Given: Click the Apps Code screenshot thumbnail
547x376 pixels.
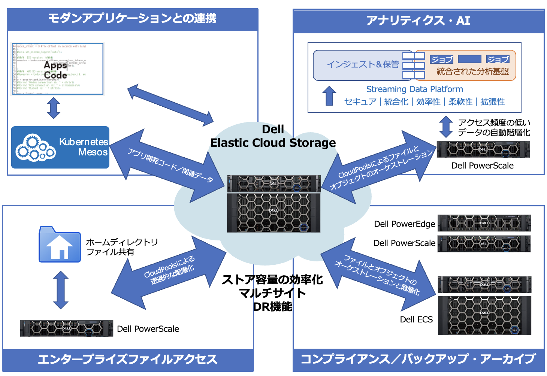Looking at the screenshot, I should point(58,69).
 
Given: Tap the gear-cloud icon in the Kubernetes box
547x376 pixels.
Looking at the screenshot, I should point(35,148).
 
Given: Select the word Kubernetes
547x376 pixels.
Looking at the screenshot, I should point(84,142).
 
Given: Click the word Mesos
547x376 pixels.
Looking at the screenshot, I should point(93,152).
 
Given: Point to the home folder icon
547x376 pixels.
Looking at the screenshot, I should point(60,245).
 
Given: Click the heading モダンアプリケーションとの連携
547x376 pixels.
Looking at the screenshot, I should point(132,18).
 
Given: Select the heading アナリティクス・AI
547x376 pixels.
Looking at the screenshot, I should point(418,20).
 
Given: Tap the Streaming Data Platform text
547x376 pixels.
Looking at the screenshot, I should point(414,89).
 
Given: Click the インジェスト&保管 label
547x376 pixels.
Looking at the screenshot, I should point(363,64).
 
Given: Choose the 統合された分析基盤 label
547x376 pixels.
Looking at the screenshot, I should point(472,71).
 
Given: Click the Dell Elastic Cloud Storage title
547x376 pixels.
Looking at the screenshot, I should point(273,136).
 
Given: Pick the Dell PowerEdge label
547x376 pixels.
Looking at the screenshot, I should point(404,224).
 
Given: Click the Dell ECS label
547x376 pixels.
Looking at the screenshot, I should point(416,319).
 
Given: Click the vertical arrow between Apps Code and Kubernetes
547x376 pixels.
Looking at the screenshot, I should point(54,108).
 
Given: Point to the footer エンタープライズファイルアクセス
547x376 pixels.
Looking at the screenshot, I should point(128,360).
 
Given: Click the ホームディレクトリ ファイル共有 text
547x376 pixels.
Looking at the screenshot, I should point(122,247).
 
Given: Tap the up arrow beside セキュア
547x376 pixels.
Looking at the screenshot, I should point(329,96).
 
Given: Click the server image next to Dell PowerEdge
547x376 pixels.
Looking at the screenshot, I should point(484,223).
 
